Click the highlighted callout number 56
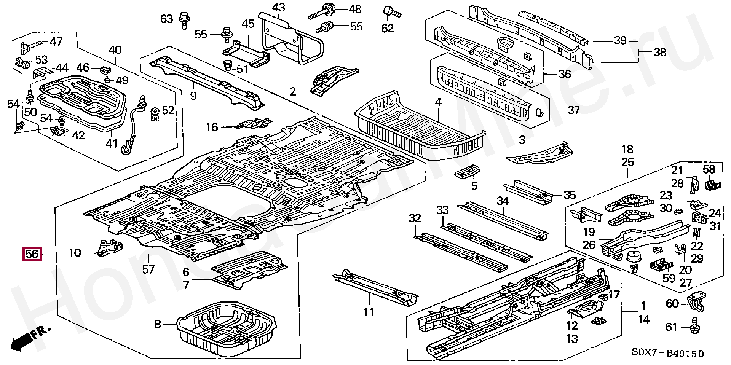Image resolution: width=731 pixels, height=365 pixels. [32, 254]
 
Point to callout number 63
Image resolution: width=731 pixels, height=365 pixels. [166, 19]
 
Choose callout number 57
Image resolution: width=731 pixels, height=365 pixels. [148, 269]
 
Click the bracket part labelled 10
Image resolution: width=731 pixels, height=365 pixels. [110, 248]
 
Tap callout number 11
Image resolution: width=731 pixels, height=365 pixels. [369, 312]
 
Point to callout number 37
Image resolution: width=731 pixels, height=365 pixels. [573, 110]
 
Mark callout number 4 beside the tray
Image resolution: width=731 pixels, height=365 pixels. [438, 102]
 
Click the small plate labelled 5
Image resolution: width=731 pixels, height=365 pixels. [468, 172]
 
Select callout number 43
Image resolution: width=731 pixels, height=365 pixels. [279, 7]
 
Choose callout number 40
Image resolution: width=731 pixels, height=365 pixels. [115, 50]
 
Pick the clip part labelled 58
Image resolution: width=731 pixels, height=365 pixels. [710, 185]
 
